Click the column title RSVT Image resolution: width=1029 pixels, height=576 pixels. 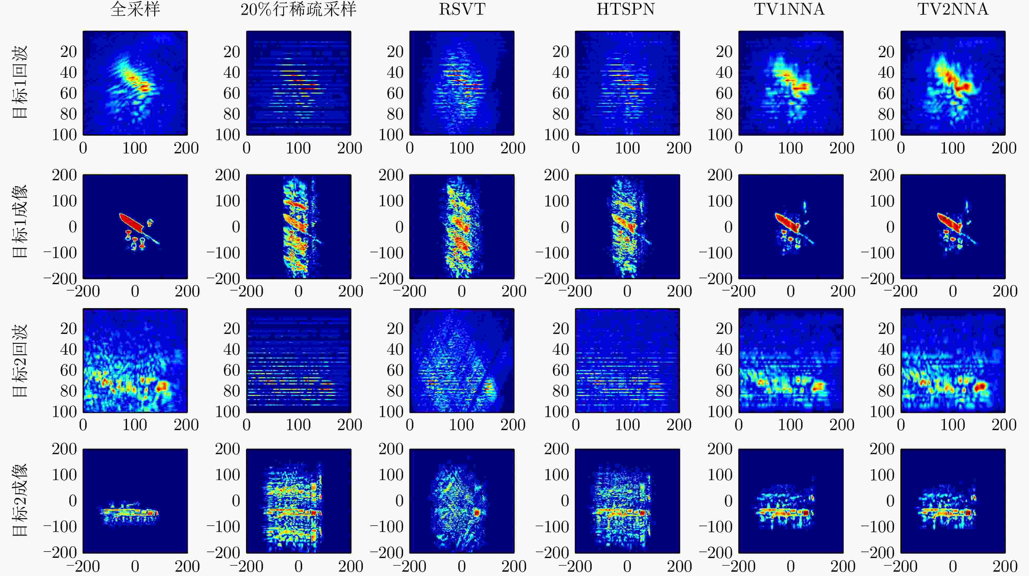(462, 9)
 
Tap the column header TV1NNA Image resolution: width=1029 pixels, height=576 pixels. (789, 9)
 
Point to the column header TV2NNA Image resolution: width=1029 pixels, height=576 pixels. (953, 9)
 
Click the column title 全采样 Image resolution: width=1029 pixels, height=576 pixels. (135, 9)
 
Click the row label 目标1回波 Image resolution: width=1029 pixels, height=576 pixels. (19, 82)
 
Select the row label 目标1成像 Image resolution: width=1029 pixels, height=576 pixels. (19, 221)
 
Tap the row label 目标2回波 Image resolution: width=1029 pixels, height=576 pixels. (19, 361)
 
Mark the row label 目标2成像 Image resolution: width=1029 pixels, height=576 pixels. (19, 500)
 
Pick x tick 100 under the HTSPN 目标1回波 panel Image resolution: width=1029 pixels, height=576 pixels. (627, 148)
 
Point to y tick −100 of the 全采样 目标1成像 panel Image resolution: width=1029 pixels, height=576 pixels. (60, 253)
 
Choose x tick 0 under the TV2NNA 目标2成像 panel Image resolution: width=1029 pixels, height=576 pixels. (953, 566)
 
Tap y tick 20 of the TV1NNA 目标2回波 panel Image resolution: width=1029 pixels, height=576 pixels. (724, 329)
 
